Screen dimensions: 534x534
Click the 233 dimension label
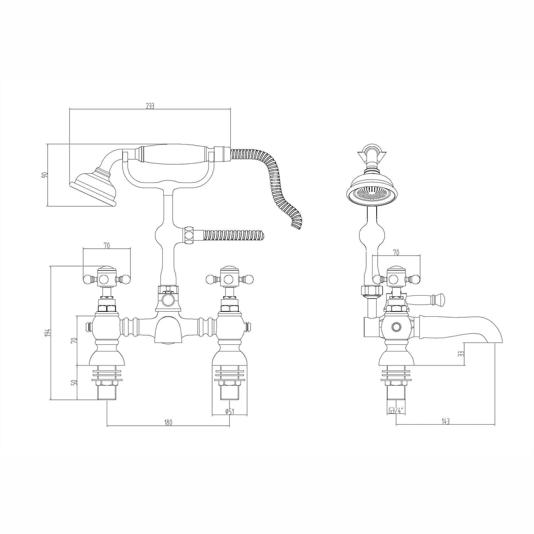150,106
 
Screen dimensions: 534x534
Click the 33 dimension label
461,354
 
